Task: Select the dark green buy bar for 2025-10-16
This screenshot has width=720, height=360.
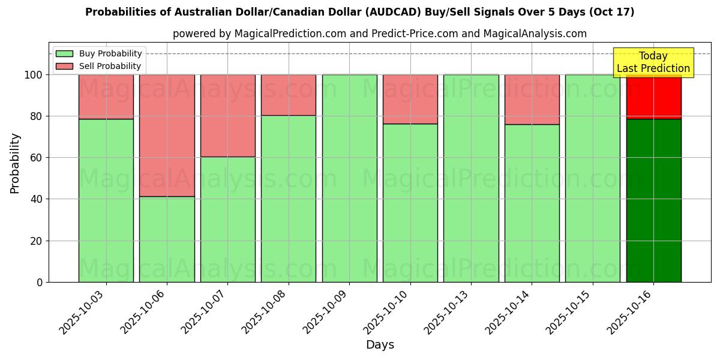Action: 653,200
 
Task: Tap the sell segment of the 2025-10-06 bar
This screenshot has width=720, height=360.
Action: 167,136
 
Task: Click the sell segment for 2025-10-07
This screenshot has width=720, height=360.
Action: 228,115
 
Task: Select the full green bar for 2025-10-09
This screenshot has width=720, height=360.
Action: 349,178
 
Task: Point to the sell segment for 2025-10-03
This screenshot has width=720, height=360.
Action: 106,97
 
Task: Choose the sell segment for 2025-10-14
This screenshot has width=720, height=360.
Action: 532,100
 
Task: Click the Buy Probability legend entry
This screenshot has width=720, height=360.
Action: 98,53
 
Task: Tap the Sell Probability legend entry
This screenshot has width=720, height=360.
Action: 98,66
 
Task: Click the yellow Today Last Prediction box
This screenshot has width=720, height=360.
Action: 653,62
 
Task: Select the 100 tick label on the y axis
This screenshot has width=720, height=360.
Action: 34,75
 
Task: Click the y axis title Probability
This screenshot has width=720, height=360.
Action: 15,163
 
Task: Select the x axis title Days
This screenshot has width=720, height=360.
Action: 380,345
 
